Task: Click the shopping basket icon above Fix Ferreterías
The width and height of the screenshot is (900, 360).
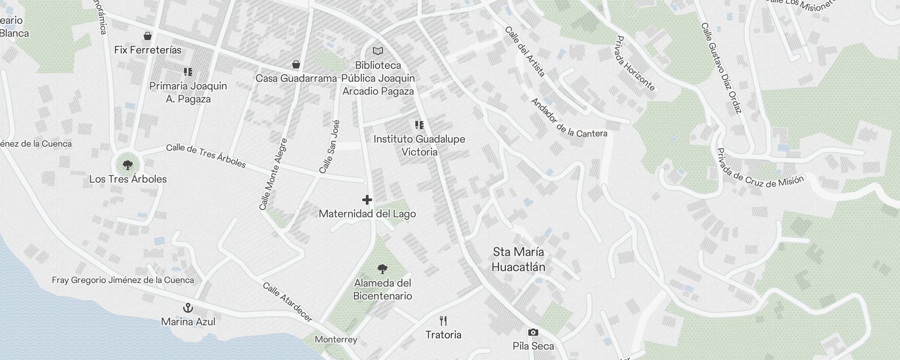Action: tap(147, 36)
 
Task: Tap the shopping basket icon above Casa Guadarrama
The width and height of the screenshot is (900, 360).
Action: tap(296, 64)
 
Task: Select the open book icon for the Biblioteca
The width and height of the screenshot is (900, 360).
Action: tap(378, 51)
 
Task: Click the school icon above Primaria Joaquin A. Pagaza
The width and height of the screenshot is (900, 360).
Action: tap(188, 72)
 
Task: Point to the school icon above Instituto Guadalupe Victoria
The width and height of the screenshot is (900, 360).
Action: tap(419, 125)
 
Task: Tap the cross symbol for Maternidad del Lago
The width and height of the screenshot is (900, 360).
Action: tap(367, 199)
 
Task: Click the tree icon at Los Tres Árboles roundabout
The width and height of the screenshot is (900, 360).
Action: tap(128, 165)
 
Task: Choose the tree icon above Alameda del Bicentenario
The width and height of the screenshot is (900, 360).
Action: tap(382, 269)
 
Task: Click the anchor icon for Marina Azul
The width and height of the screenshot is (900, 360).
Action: tap(188, 308)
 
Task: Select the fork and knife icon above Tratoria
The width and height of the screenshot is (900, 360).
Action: tap(443, 321)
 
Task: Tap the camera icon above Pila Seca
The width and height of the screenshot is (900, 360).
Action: tap(533, 333)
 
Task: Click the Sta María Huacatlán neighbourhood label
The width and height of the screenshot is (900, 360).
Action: tap(518, 259)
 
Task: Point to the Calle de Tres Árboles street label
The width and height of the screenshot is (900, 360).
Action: tap(206, 156)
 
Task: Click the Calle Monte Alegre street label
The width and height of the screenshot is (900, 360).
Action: tap(273, 174)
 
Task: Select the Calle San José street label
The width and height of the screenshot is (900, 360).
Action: tap(329, 147)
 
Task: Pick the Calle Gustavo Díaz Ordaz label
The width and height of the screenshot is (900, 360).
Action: tap(721, 68)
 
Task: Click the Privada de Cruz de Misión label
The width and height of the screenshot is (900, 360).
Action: tap(760, 174)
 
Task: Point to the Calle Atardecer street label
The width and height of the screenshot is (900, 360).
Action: tap(288, 302)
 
